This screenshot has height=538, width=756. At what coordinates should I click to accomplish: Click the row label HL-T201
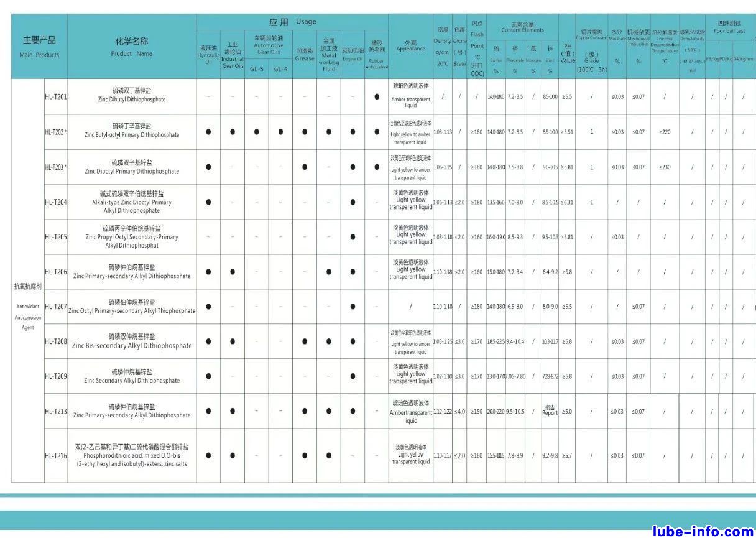click(x=56, y=96)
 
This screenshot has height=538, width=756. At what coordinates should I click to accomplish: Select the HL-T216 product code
click(x=56, y=455)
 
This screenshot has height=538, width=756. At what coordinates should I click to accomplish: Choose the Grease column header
click(x=305, y=55)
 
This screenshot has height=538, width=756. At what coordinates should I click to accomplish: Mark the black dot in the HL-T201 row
click(x=377, y=96)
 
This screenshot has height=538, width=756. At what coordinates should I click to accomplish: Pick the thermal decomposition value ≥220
click(x=665, y=132)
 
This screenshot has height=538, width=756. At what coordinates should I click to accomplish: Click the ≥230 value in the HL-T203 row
click(x=665, y=167)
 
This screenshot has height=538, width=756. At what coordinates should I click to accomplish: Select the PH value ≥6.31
click(x=567, y=202)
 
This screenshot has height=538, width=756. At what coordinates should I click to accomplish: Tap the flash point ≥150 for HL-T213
click(x=476, y=411)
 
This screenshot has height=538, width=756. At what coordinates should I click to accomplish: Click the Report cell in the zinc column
click(x=550, y=411)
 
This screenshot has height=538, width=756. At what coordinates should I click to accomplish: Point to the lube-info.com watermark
click(x=703, y=531)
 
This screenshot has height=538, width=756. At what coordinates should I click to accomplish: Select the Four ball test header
click(x=729, y=27)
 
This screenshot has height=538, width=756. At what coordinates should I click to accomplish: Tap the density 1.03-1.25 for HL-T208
click(x=443, y=341)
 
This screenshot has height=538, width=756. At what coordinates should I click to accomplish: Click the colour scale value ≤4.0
click(x=459, y=411)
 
